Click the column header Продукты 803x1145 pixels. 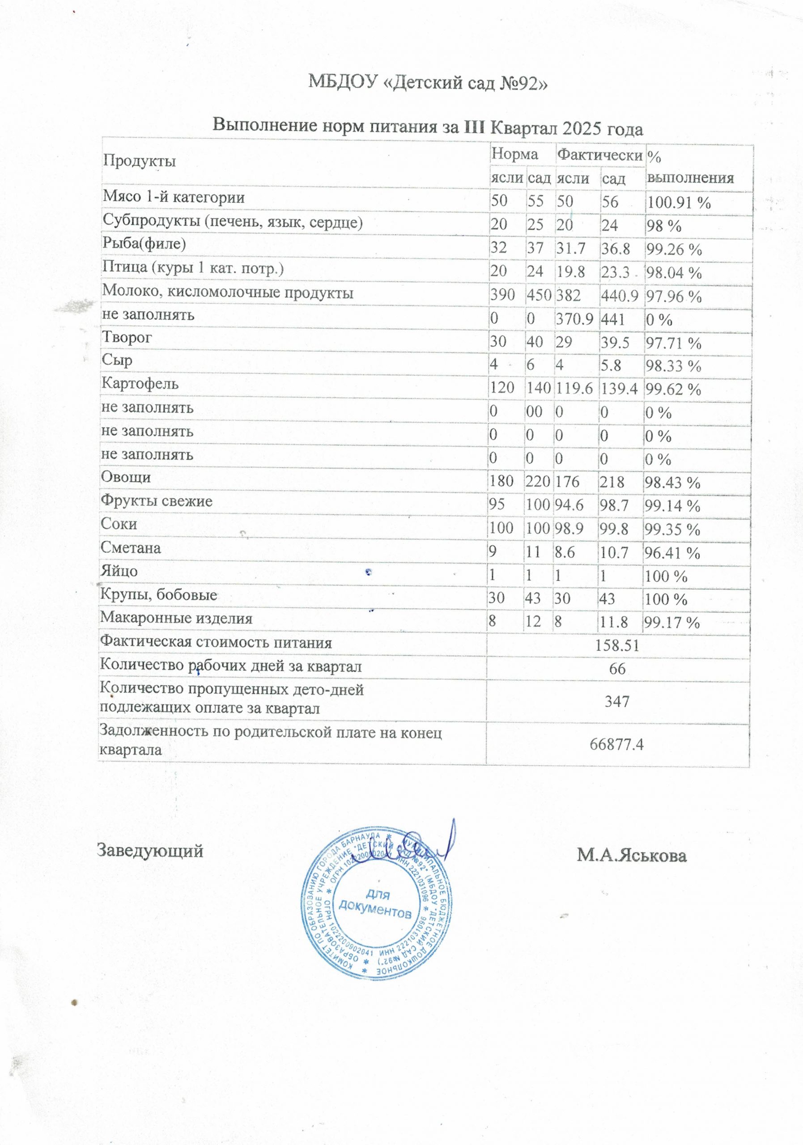(139, 161)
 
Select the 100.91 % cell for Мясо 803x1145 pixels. (678, 203)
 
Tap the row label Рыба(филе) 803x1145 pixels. (144, 244)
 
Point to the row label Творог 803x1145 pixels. (127, 338)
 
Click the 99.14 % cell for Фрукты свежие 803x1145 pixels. (672, 506)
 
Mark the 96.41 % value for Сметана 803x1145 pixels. (672, 553)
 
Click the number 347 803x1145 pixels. (617, 702)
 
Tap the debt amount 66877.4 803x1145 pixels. (617, 745)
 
